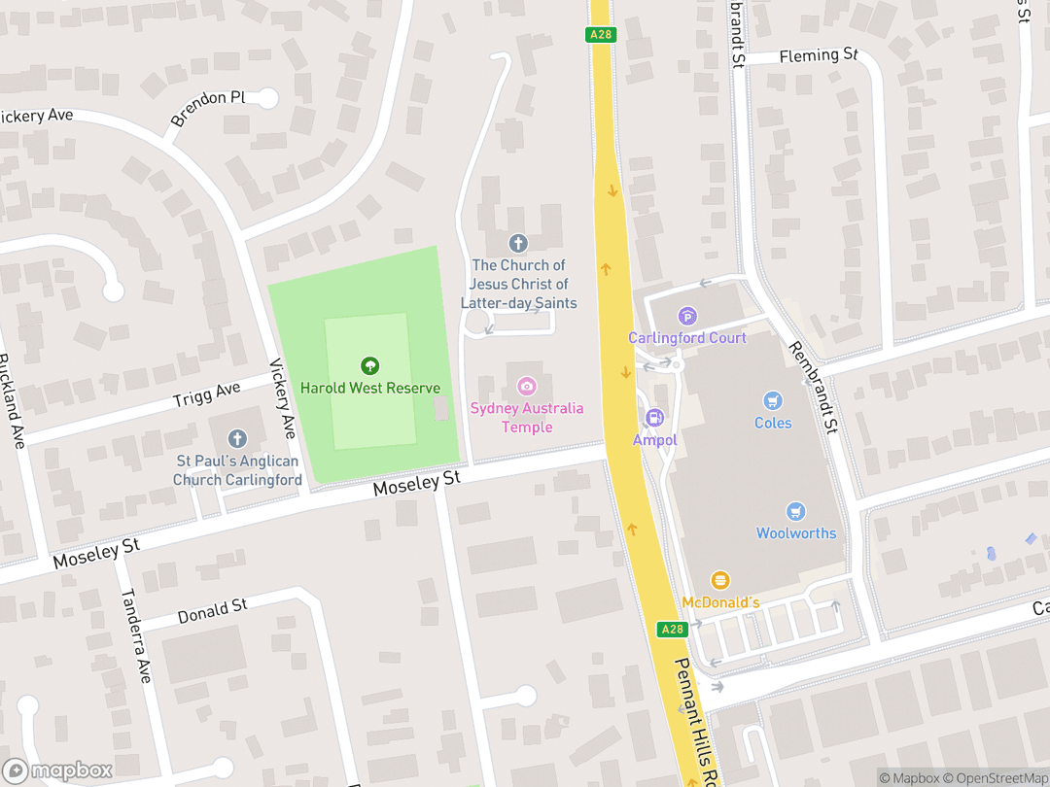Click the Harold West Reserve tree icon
[x=369, y=366]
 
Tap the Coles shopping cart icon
[x=773, y=400]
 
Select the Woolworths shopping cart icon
[x=796, y=511]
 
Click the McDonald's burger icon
[x=720, y=580]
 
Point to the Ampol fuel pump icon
[x=655, y=418]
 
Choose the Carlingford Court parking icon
[x=687, y=316]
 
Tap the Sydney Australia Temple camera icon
[x=527, y=386]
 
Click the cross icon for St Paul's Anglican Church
[x=237, y=440]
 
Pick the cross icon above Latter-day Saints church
[x=518, y=243]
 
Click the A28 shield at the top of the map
[x=600, y=35]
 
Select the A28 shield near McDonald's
[x=672, y=630]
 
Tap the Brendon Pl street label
[x=208, y=109]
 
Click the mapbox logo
[x=58, y=770]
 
